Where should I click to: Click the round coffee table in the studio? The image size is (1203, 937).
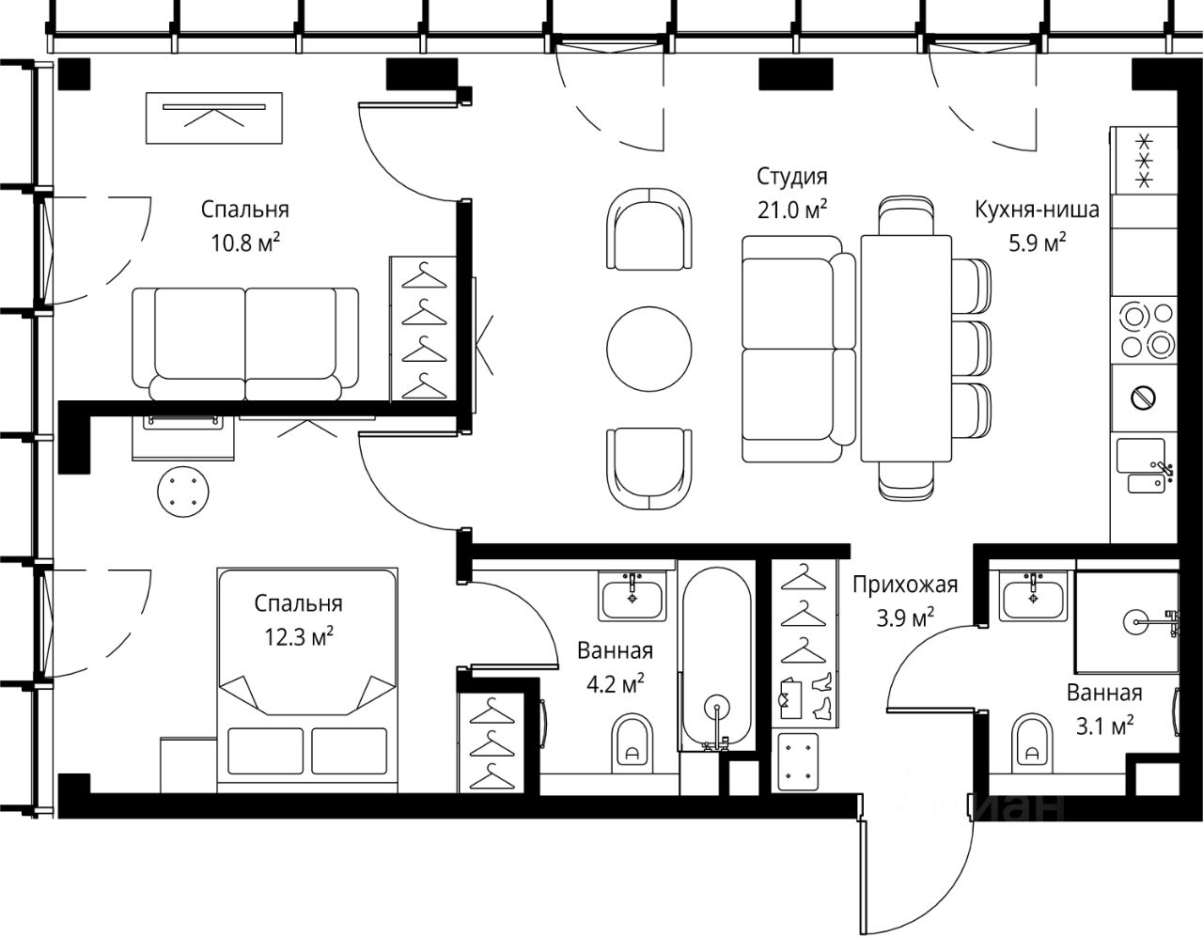click(648, 349)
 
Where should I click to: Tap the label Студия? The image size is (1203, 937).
click(791, 177)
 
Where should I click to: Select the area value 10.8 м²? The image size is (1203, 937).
click(245, 242)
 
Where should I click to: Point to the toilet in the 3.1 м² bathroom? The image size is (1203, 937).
click(1032, 743)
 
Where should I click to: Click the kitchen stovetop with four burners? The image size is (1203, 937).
click(1144, 330)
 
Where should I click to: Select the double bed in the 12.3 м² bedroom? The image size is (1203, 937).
click(307, 679)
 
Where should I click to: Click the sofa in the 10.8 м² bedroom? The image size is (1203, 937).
click(245, 343)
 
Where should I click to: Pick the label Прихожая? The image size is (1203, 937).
click(905, 585)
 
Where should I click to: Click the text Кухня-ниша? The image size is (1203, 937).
click(1037, 211)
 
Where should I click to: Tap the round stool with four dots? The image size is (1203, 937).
click(183, 492)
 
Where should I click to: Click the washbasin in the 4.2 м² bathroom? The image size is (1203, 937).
click(633, 596)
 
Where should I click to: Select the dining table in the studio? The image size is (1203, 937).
click(906, 348)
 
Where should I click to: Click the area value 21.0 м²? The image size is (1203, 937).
click(791, 210)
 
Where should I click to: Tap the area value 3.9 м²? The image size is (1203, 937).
click(905, 617)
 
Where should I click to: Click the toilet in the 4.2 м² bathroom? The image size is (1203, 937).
click(633, 743)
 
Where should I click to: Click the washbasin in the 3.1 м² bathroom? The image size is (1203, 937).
click(1033, 596)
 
